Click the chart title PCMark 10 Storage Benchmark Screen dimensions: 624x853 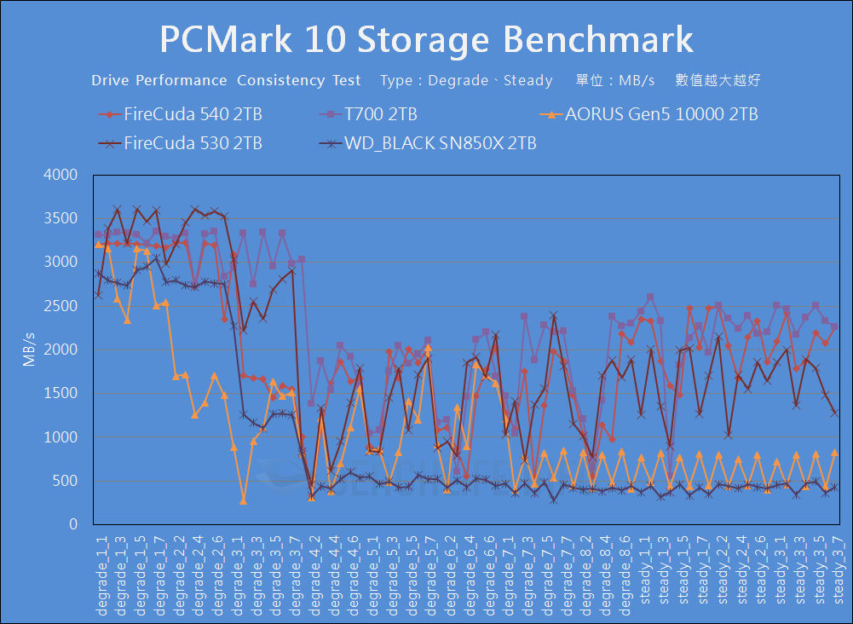coord(426,39)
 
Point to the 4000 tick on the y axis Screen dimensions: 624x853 coord(61,175)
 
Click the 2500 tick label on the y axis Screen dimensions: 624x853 coord(61,306)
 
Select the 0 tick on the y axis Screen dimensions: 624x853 coord(73,525)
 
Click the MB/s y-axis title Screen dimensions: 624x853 coord(29,350)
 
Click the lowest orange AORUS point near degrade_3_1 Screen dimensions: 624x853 coord(243,500)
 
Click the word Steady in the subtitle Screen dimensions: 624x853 coord(528,81)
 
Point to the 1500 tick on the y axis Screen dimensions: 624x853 coord(61,394)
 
